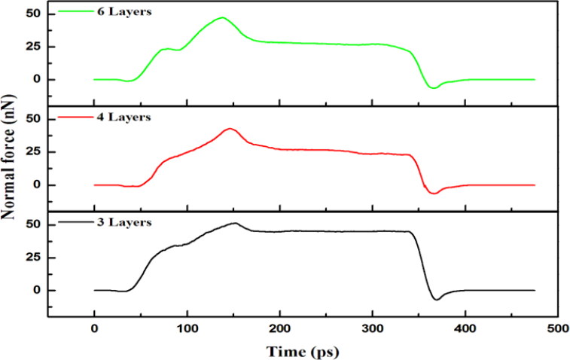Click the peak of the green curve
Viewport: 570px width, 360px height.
click(222, 17)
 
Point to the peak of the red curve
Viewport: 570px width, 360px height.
click(230, 129)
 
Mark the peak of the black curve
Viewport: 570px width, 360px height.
click(235, 223)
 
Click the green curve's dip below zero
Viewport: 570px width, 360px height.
click(432, 88)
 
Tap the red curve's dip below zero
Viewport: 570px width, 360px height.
click(433, 194)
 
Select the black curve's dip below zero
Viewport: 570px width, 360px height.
click(436, 300)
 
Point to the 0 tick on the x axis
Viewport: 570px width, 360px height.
click(94, 329)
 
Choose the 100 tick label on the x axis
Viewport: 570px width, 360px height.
click(187, 329)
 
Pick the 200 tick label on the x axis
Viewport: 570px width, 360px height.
click(279, 329)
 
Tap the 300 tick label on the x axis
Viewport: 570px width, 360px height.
click(372, 329)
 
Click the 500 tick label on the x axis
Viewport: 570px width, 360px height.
click(557, 329)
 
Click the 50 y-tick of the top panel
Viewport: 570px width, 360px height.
click(31, 14)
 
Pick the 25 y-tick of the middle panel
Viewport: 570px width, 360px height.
click(31, 151)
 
